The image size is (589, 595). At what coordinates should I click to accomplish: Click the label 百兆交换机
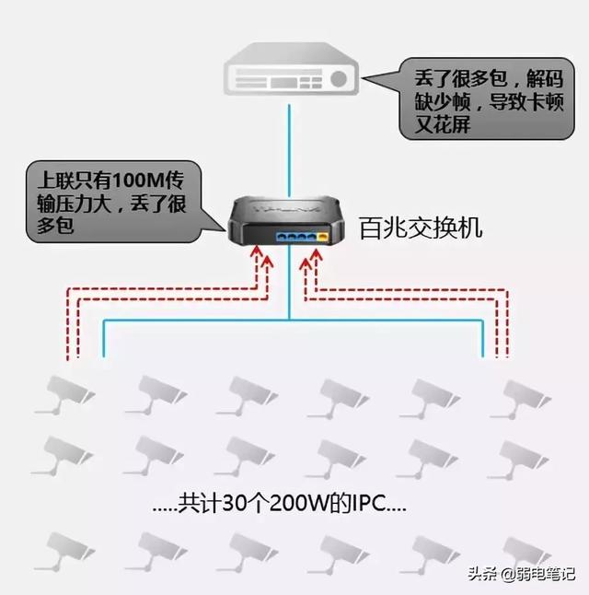421,227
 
